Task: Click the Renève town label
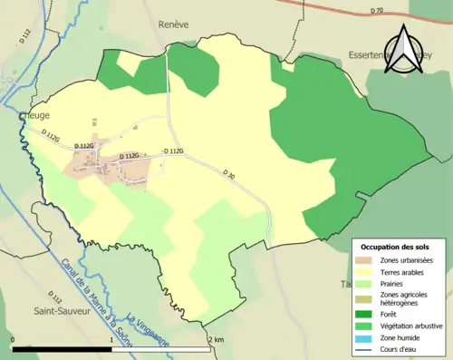tap(172, 25)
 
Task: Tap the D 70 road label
tap(379, 11)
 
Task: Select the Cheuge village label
tap(34, 116)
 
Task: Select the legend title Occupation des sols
tap(396, 247)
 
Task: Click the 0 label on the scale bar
tap(14, 340)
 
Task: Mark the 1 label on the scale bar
tap(111, 340)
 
